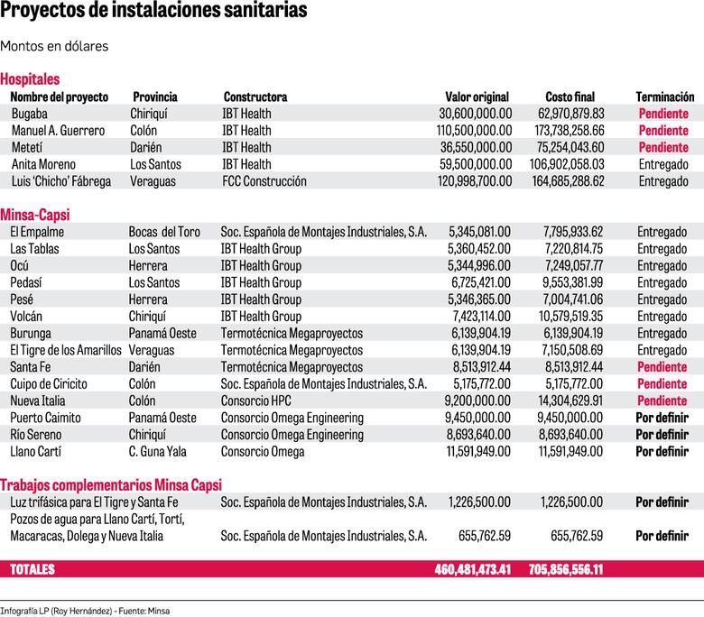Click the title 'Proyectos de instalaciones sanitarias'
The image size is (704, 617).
click(153, 12)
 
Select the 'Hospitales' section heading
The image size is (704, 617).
click(30, 79)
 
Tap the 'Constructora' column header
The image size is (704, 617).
click(255, 97)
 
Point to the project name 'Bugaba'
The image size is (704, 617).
click(31, 114)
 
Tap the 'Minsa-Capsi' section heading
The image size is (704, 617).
click(35, 215)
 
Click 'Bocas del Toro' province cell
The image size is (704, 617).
click(164, 232)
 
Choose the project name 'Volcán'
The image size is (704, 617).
click(28, 317)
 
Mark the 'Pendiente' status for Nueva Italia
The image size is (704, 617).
click(662, 401)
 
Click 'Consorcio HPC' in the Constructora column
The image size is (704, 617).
click(258, 401)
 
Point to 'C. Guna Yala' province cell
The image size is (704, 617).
click(160, 451)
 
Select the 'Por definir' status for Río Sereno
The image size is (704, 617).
click(662, 435)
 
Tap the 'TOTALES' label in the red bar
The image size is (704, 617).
click(32, 570)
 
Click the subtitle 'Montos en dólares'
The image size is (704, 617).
click(55, 46)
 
